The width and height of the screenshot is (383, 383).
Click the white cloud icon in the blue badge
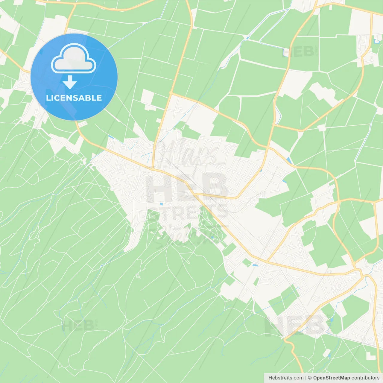(74, 58)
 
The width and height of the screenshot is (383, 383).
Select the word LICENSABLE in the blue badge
(74, 98)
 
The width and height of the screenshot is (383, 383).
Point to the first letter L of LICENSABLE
(48, 98)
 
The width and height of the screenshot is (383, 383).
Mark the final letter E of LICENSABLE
(99, 98)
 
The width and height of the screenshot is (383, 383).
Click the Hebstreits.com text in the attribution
(286, 378)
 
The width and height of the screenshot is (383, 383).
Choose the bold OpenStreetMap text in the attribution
(331, 378)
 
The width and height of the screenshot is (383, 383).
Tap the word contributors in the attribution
(365, 378)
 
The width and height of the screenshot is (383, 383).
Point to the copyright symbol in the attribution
(310, 378)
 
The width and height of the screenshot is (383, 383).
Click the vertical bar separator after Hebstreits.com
(306, 378)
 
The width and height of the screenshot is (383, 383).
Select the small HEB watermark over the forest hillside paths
(77, 326)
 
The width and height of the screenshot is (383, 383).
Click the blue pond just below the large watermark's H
(161, 204)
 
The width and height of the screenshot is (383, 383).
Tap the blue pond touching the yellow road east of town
(288, 160)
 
